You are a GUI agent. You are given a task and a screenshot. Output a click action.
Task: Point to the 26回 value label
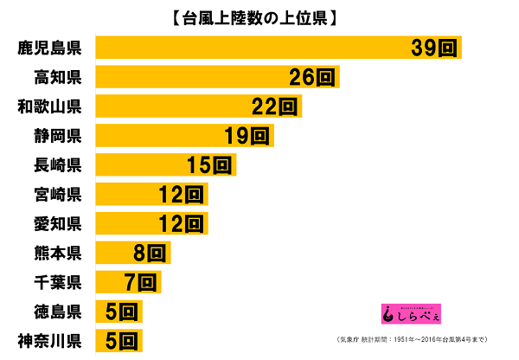[x=312, y=78]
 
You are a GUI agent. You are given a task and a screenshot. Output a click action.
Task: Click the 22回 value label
[x=276, y=107]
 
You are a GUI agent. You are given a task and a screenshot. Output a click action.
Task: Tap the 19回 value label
[x=247, y=136]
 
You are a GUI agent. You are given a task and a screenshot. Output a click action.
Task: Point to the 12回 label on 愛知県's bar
[x=180, y=224]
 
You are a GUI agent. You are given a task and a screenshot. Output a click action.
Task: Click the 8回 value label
[x=150, y=254]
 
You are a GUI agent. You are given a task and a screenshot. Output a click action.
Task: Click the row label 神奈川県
[x=49, y=339]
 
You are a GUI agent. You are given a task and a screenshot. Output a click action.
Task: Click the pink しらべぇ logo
[x=411, y=312]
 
